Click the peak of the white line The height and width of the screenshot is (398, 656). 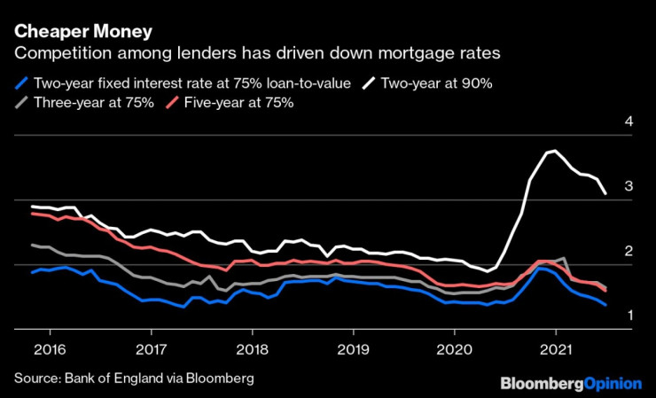pos(554,152)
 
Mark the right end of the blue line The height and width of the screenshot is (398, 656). pos(605,304)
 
